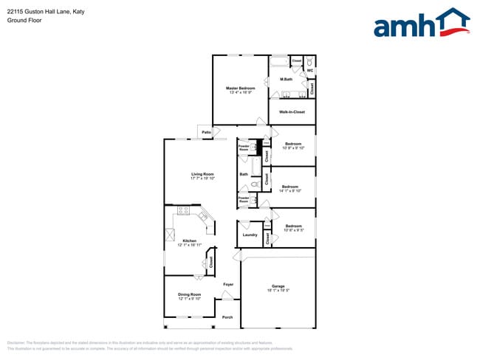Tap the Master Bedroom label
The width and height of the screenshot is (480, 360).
pyautogui.click(x=240, y=88)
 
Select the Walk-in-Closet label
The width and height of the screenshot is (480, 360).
pyautogui.click(x=292, y=112)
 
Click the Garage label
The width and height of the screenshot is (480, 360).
pyautogui.click(x=278, y=285)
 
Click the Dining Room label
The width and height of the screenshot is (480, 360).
pyautogui.click(x=189, y=294)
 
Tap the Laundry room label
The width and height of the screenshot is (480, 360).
pyautogui.click(x=250, y=235)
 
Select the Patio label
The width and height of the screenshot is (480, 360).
pyautogui.click(x=206, y=132)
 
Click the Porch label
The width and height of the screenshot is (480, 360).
pyautogui.click(x=227, y=317)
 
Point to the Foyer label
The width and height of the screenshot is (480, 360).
pyautogui.click(x=228, y=284)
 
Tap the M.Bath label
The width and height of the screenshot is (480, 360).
pyautogui.click(x=287, y=79)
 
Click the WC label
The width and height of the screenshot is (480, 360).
pyautogui.click(x=310, y=71)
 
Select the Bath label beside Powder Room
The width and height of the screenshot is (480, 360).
pyautogui.click(x=244, y=174)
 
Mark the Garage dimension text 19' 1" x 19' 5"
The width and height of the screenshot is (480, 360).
pyautogui.click(x=278, y=290)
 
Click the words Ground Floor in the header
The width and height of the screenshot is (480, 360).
pyautogui.click(x=24, y=21)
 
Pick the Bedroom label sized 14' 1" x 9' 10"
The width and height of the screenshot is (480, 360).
pyautogui.click(x=289, y=187)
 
